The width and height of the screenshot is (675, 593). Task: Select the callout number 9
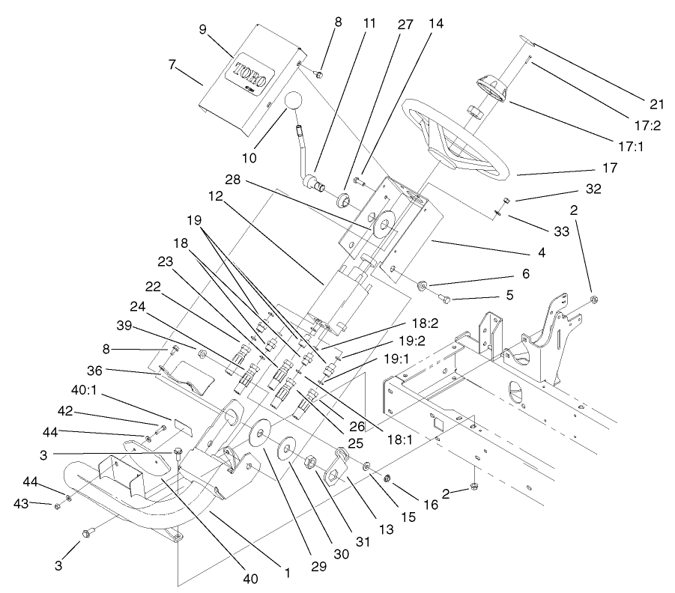(x=202, y=31)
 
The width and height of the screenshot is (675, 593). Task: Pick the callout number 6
(x=526, y=274)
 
